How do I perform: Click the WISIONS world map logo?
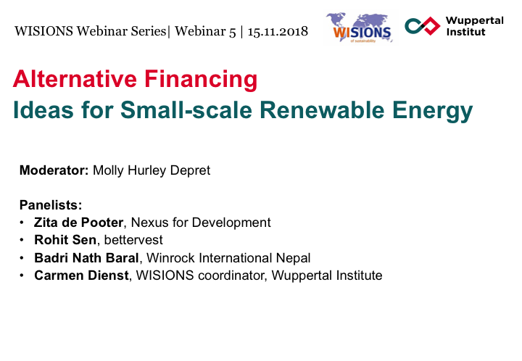pyautogui.click(x=359, y=28)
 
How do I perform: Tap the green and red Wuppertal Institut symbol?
pyautogui.click(x=422, y=26)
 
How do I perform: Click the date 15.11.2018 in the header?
pyautogui.click(x=278, y=32)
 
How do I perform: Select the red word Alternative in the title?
pyautogui.click(x=75, y=79)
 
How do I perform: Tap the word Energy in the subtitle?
pyautogui.click(x=432, y=112)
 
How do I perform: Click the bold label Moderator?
pyautogui.click(x=54, y=170)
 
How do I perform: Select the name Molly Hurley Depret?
pyautogui.click(x=152, y=170)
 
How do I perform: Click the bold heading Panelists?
pyautogui.click(x=51, y=205)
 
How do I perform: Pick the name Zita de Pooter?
pyautogui.click(x=78, y=223)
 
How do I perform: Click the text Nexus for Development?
pyautogui.click(x=201, y=223)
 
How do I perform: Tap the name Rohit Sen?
pyautogui.click(x=65, y=240)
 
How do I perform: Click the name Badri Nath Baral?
pyautogui.click(x=86, y=258)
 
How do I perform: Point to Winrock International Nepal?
pyautogui.click(x=228, y=258)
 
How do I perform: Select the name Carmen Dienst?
pyautogui.click(x=81, y=275)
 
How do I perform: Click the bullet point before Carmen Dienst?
pyautogui.click(x=22, y=275)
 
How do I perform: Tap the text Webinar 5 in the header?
pyautogui.click(x=205, y=32)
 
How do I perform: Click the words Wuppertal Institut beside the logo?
pyautogui.click(x=475, y=26)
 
